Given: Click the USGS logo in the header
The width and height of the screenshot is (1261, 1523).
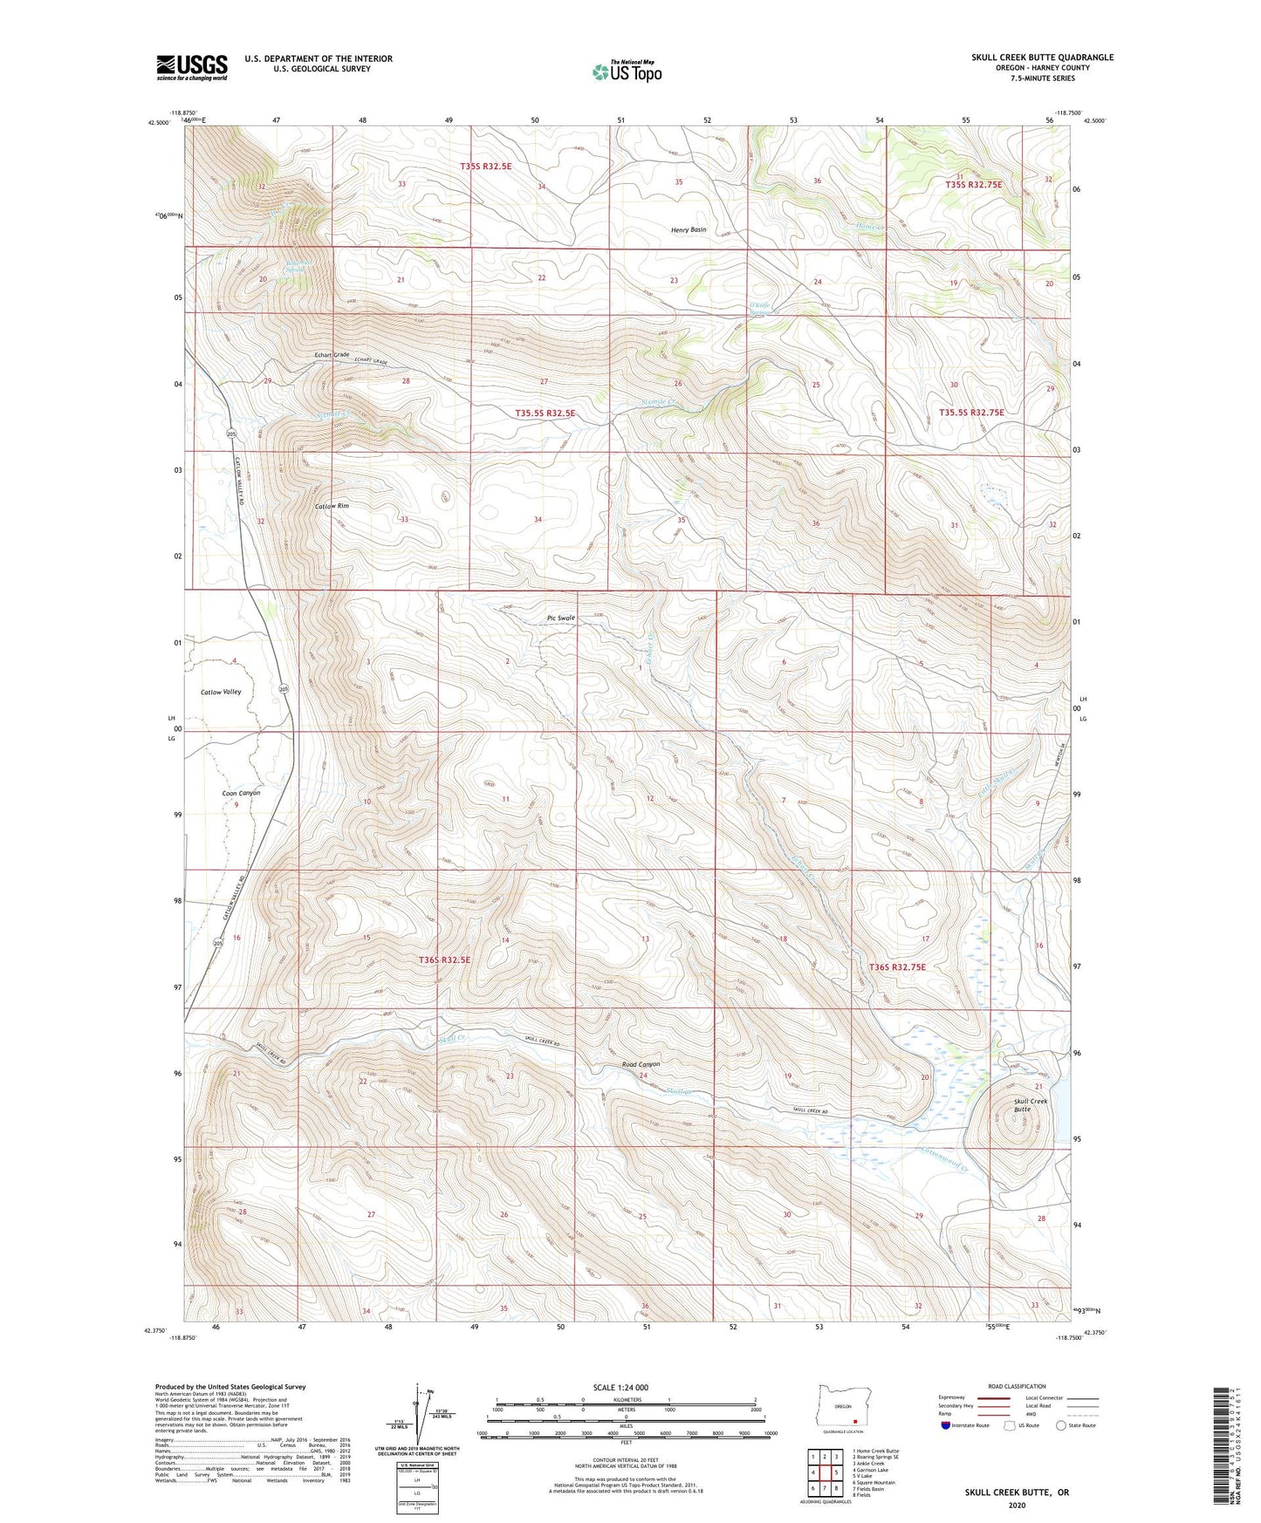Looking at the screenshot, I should (x=192, y=67).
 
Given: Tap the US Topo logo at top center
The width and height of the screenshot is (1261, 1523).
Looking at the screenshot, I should (x=627, y=72).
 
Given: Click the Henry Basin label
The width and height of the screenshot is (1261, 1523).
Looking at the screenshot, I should (x=689, y=229).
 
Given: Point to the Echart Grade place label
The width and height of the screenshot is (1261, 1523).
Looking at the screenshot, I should (x=332, y=355).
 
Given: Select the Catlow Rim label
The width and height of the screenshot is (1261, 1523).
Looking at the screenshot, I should (x=332, y=506).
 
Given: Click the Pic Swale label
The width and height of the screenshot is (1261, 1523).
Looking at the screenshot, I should (x=560, y=618).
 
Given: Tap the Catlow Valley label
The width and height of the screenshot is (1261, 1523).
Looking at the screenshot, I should (x=221, y=692).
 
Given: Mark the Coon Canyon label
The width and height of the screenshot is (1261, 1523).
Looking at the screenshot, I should (x=241, y=793).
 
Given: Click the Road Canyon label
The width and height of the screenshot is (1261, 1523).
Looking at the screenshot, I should (x=641, y=1064).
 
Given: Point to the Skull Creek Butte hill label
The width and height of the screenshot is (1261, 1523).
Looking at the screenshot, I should (x=1030, y=1104).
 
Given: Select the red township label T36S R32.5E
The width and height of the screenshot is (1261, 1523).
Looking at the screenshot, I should (x=444, y=960).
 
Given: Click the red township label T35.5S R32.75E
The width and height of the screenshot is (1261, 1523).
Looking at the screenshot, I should (x=971, y=413).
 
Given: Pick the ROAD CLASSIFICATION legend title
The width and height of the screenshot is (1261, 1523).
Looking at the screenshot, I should (x=1017, y=1386).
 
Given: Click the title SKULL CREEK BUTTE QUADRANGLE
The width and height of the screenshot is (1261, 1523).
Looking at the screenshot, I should (x=1042, y=58).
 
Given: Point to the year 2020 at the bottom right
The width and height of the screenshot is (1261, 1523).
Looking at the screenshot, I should (x=1017, y=1505).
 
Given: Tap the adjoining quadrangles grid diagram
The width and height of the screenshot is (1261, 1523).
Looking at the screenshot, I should (x=824, y=1474).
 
